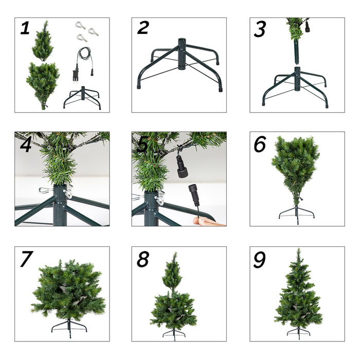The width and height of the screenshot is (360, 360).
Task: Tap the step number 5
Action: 141,146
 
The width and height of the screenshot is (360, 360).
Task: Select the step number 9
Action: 260,260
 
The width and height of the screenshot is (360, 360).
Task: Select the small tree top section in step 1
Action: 42,41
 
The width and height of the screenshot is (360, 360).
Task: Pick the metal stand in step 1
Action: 82,97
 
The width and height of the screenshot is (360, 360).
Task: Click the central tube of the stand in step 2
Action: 181,53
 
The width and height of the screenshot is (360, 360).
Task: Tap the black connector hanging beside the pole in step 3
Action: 307,27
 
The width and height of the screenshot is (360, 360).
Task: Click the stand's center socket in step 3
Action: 297,78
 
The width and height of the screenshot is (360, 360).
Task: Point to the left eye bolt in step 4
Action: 45,190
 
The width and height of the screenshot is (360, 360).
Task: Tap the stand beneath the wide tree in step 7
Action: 68,326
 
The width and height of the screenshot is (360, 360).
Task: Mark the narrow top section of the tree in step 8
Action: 172,273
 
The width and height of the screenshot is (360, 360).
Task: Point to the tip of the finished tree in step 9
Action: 298,251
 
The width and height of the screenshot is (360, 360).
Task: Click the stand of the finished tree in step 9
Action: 298,331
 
